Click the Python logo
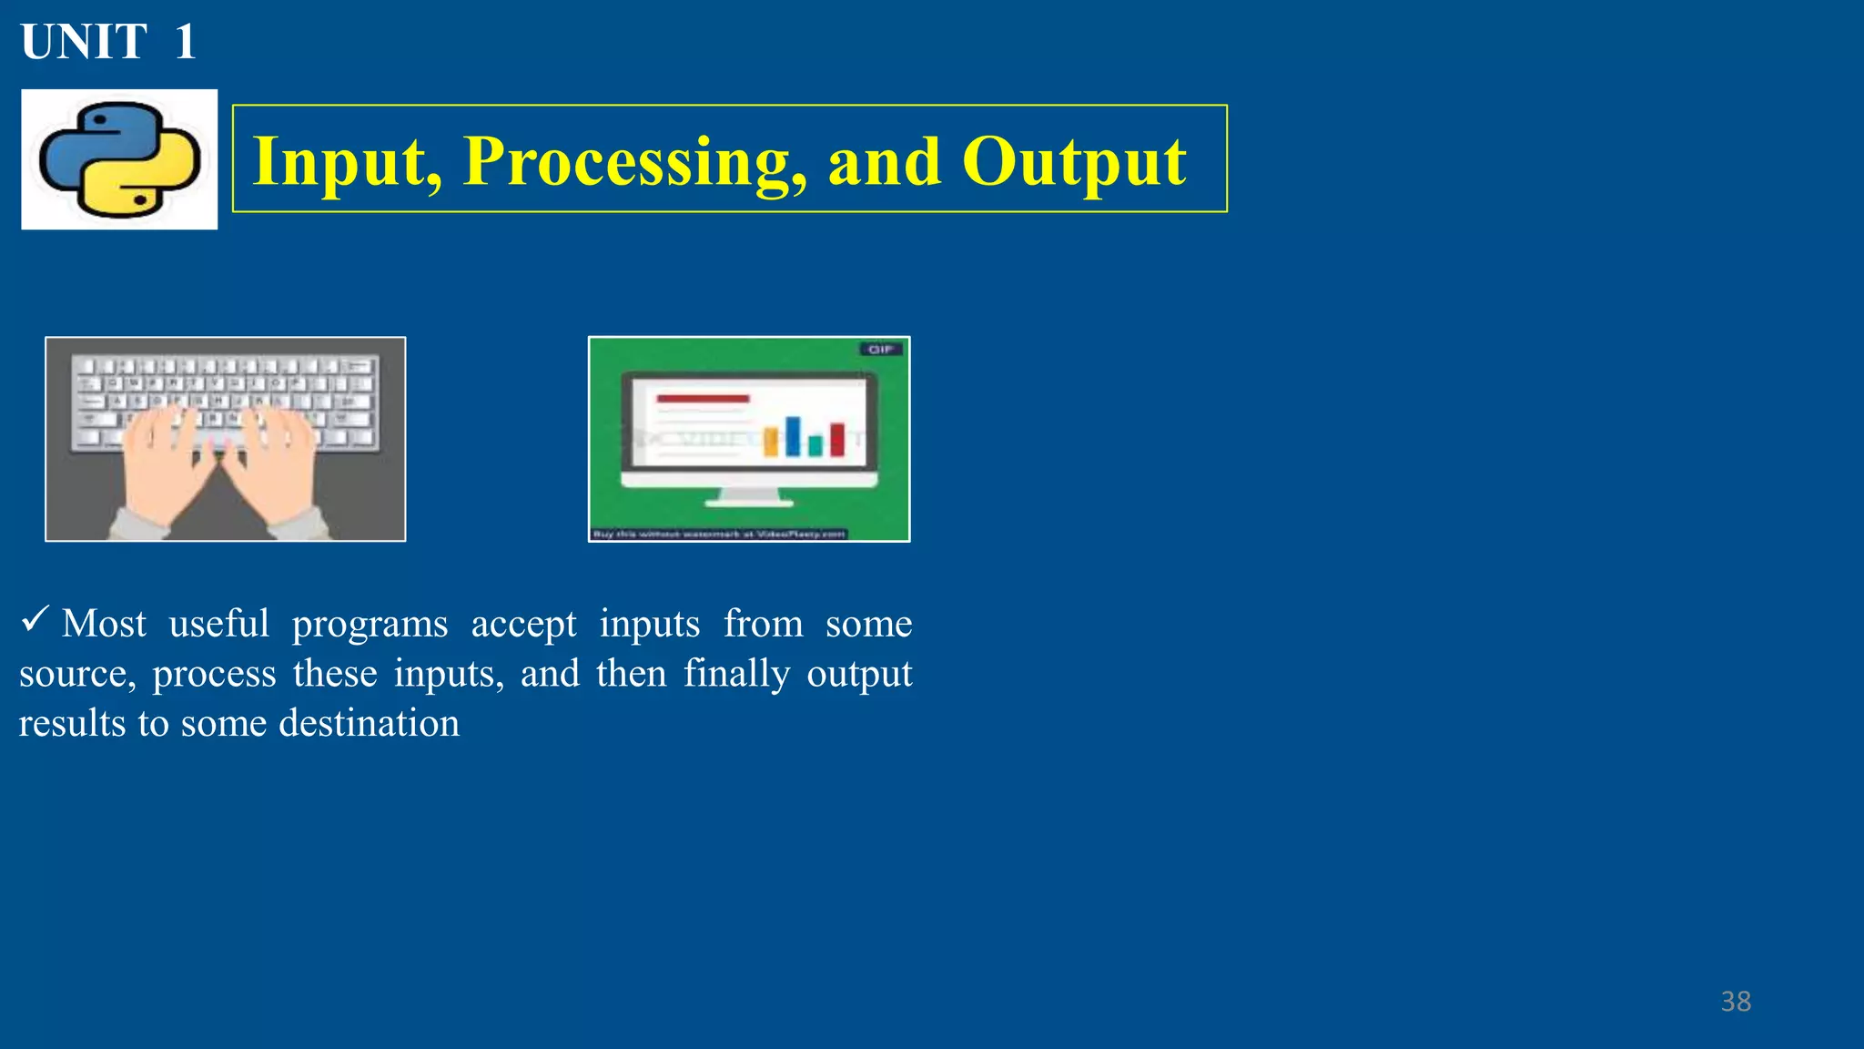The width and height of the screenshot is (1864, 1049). (119, 159)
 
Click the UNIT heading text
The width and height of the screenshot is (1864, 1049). (84, 42)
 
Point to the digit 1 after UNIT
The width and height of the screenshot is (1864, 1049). (186, 42)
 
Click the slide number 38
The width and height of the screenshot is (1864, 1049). (1736, 1002)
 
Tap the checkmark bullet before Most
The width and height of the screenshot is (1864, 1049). (34, 621)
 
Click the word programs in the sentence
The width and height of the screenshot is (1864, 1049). (370, 624)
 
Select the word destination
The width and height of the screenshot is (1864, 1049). (369, 723)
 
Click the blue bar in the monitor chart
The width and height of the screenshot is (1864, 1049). (793, 436)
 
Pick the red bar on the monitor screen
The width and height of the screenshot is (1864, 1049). (837, 440)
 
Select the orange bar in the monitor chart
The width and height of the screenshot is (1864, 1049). (771, 443)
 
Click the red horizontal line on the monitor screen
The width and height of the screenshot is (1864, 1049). (703, 399)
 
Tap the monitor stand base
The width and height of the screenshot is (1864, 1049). (749, 502)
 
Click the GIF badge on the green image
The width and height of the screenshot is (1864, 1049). (880, 349)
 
